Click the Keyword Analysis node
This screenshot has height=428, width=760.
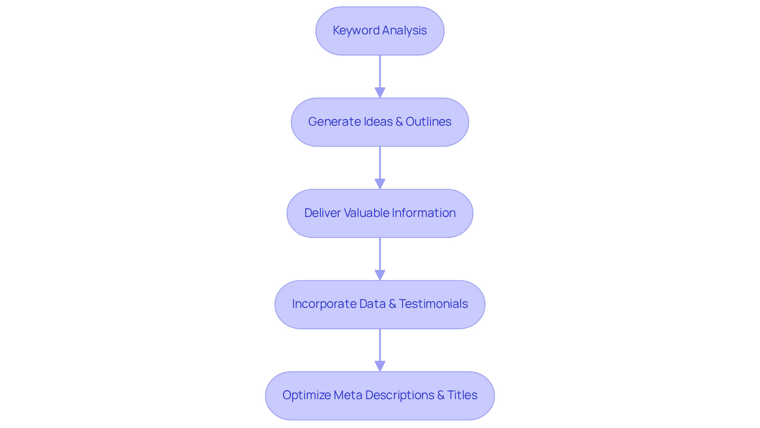tap(380, 31)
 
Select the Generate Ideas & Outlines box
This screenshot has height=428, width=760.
tap(380, 122)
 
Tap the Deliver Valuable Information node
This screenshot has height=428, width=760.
tap(380, 213)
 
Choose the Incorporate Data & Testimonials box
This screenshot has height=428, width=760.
tap(380, 304)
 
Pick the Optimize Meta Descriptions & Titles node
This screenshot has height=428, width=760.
tap(380, 396)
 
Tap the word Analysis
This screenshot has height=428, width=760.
tap(404, 30)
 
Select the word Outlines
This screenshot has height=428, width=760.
tap(428, 122)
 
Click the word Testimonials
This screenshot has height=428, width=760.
tap(433, 304)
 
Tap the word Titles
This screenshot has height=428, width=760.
tap(462, 395)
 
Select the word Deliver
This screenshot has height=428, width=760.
tap(322, 213)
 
